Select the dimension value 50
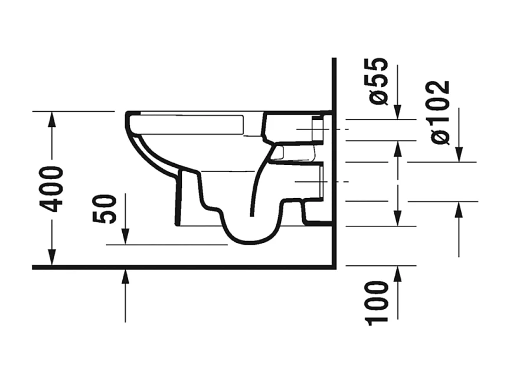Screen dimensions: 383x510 point(106,209)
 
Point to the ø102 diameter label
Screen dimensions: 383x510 point(440,112)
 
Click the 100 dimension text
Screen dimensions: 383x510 point(378,303)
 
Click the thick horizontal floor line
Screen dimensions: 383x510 point(177,267)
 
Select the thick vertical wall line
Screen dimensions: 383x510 point(334,177)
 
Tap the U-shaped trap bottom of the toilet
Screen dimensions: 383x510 point(251,236)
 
